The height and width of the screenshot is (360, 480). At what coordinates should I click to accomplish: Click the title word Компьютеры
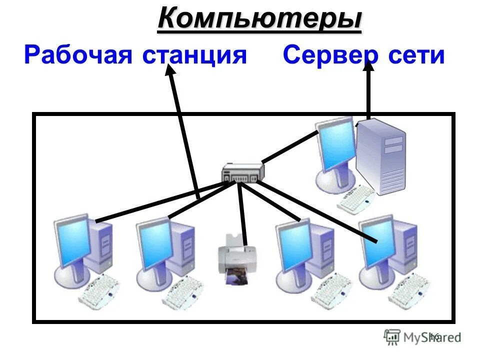click(259, 19)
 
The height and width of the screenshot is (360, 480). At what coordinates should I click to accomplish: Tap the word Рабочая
click(77, 55)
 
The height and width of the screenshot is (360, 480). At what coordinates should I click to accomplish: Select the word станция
click(194, 55)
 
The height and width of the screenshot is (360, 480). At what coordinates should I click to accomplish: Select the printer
click(232, 255)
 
